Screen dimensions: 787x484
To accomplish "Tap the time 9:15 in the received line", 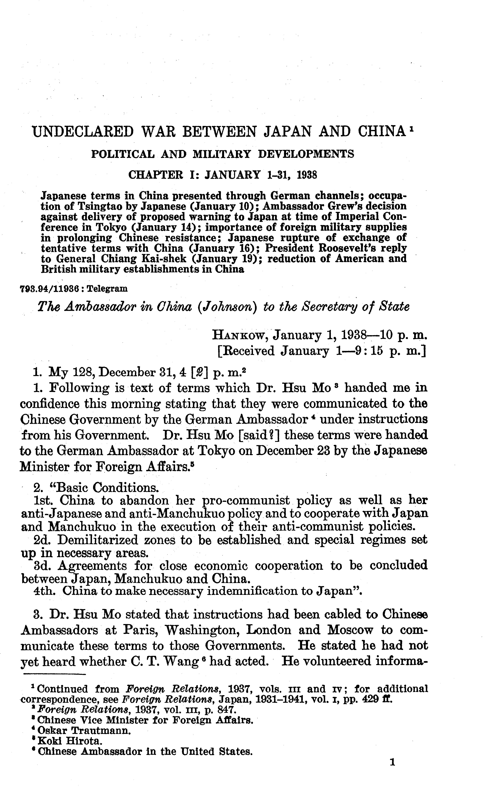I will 366,351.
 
